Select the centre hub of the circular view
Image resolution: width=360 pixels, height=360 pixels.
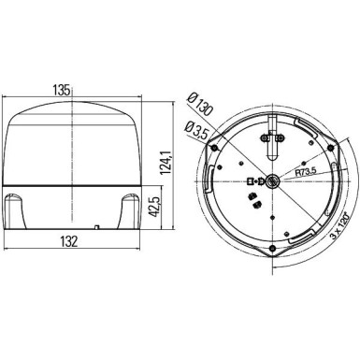click(x=269, y=183)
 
